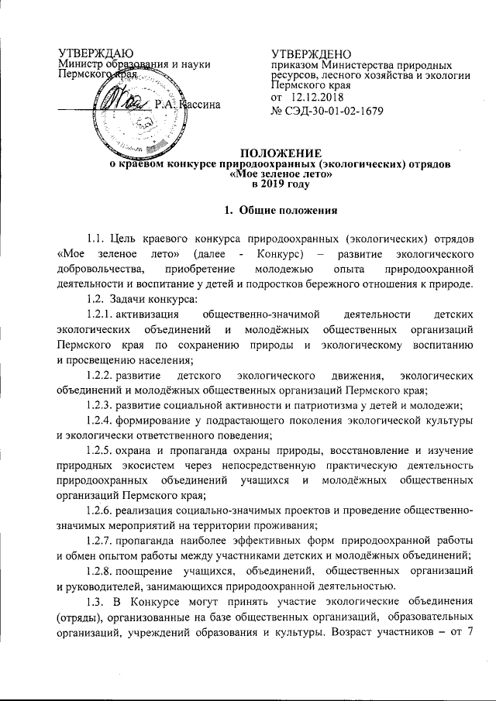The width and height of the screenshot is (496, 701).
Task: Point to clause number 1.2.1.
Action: click(105, 315)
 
